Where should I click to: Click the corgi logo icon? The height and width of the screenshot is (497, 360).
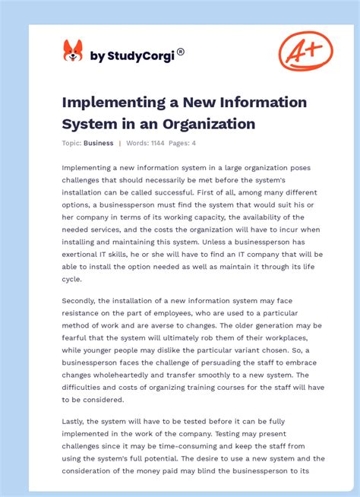pos(73,51)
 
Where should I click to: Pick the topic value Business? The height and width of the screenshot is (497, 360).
pos(99,143)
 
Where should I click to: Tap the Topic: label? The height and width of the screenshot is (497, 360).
pos(72,143)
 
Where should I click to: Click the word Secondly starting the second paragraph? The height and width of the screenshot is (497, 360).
pos(81,300)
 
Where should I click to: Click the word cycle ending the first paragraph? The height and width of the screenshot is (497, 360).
pos(73,278)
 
